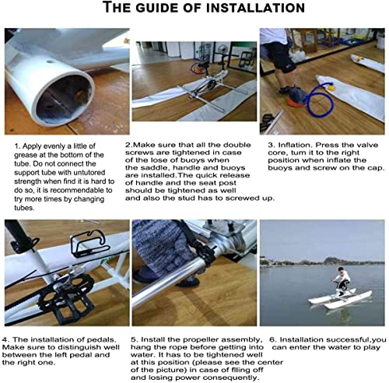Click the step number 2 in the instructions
point(128,145)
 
